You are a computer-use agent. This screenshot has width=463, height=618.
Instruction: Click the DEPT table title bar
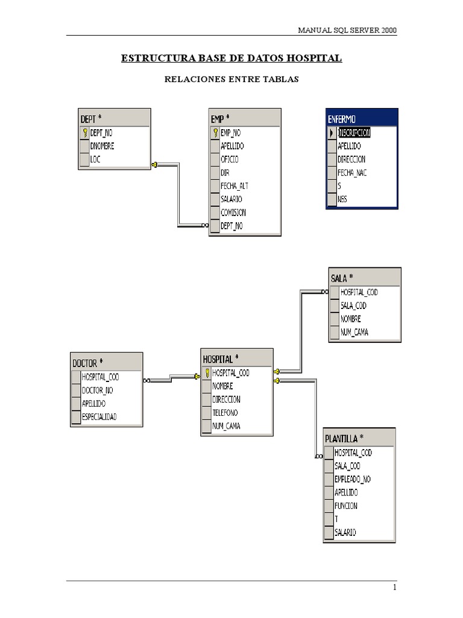point(113,118)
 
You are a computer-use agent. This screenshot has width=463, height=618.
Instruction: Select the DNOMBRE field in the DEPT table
point(102,146)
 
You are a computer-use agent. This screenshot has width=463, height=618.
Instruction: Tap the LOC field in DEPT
point(95,159)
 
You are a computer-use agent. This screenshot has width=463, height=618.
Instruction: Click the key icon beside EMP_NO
point(215,133)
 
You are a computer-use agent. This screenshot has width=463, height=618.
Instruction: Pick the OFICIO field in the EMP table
point(229,159)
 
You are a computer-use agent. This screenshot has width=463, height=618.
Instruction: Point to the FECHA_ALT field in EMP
point(234,186)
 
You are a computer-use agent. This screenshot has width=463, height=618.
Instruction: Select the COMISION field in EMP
point(233,212)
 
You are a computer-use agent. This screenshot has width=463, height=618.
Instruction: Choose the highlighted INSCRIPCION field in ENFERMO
point(354,133)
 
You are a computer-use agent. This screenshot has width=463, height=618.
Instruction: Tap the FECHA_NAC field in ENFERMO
point(352,173)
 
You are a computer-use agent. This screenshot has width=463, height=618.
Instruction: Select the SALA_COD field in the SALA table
point(353,305)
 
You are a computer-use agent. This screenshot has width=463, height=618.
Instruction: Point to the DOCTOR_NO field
point(97,390)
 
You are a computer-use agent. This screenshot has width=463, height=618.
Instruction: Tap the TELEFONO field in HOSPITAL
point(225,413)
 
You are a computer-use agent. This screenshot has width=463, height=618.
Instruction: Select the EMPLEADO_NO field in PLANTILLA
point(353,479)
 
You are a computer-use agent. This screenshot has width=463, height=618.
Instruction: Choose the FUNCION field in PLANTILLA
point(346,506)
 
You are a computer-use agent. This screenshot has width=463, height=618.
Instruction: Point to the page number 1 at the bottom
point(394,587)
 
